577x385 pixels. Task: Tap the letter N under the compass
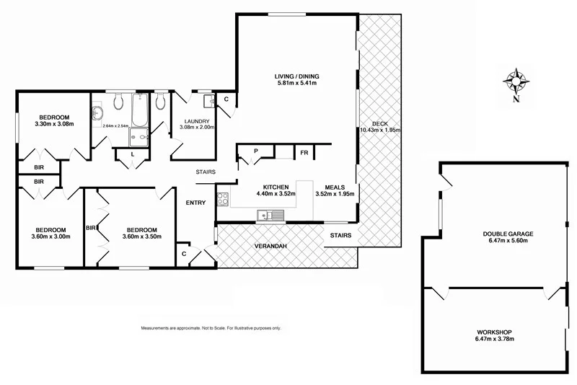(x=516, y=99)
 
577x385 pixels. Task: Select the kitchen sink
(x=271, y=214)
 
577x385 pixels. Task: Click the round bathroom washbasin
(x=98, y=112)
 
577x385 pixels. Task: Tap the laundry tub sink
(x=206, y=101)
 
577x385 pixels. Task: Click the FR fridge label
(x=304, y=153)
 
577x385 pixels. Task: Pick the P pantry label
(x=256, y=151)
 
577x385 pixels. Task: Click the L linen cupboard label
(x=133, y=154)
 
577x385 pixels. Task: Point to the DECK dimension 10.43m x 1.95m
(x=380, y=130)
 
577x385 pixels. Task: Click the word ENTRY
(x=195, y=203)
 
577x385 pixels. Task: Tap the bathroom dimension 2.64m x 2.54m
(x=115, y=126)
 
